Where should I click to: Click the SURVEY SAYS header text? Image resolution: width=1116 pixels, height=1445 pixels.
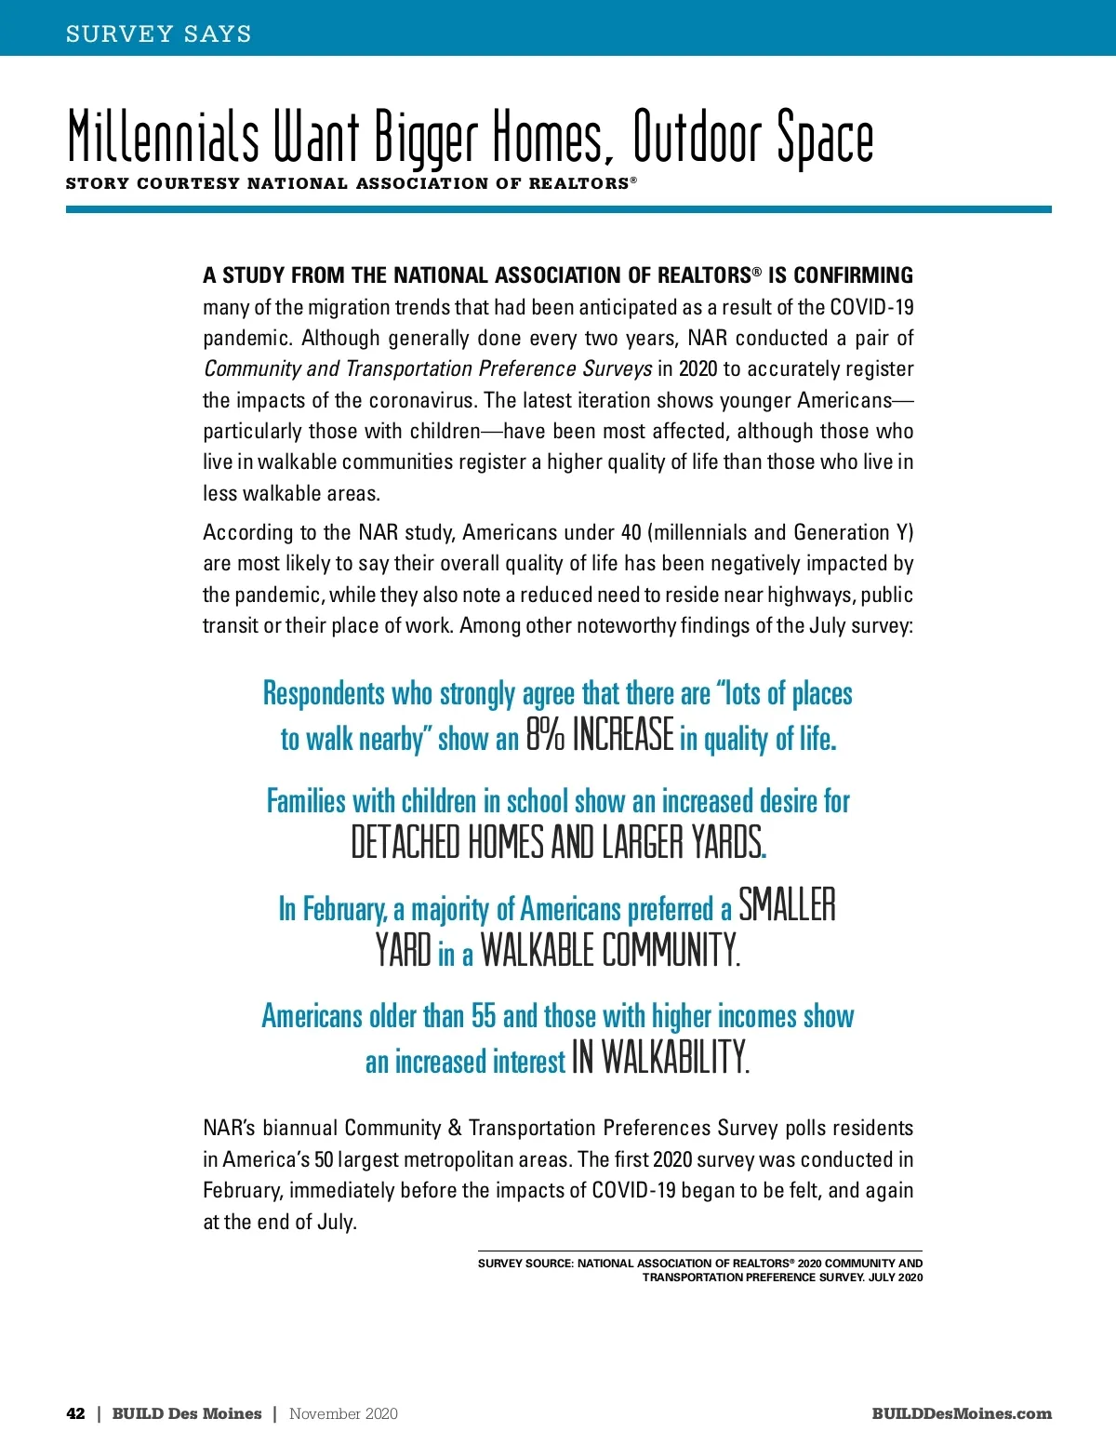click(x=158, y=34)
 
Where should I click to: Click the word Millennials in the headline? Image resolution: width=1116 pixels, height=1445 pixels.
click(x=164, y=138)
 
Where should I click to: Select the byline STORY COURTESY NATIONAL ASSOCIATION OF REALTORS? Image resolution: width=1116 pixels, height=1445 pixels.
click(x=351, y=183)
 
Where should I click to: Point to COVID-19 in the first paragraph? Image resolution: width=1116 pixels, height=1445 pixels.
click(x=871, y=307)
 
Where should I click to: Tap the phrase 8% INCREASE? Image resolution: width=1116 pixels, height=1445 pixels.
click(x=600, y=735)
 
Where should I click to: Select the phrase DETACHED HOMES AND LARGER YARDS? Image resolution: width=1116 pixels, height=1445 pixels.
click(x=557, y=843)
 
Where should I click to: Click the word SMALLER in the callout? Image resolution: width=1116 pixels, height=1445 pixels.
click(x=787, y=905)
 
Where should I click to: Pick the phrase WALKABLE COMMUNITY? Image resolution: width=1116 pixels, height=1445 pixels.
click(x=610, y=951)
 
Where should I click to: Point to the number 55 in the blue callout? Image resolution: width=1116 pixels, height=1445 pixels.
click(x=484, y=1016)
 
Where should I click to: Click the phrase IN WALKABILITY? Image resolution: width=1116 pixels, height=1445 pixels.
click(x=660, y=1059)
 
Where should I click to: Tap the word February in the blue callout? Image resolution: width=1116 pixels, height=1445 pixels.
click(x=344, y=909)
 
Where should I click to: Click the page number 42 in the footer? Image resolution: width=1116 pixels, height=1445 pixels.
click(x=75, y=1413)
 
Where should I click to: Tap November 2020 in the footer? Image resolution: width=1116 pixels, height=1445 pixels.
click(x=343, y=1413)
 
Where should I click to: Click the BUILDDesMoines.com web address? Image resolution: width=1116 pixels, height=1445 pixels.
click(x=962, y=1413)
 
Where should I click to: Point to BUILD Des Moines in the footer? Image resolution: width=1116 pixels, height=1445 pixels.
click(x=187, y=1413)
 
